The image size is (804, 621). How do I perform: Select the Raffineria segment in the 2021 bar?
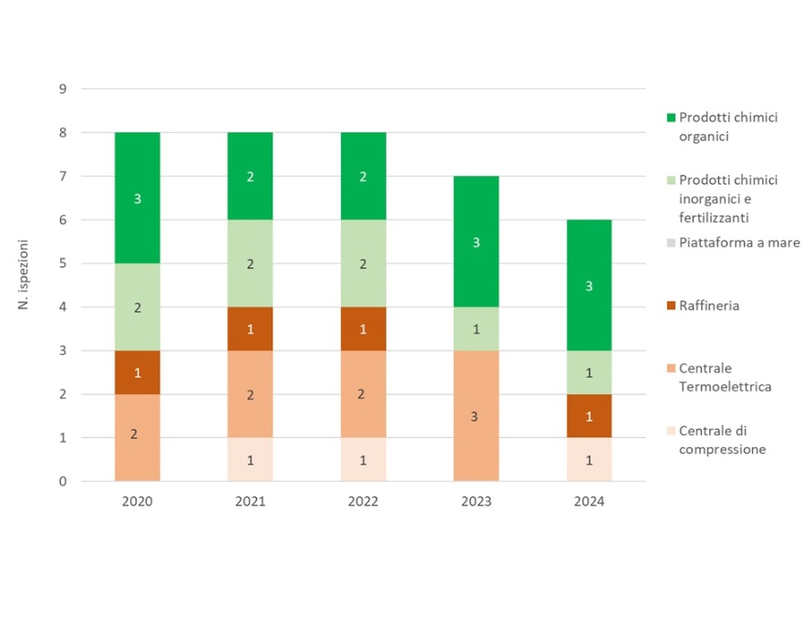250,329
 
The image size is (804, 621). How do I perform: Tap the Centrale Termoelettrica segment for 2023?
476,415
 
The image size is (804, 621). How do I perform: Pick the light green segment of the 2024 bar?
589,372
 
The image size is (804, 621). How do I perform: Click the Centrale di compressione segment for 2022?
363,459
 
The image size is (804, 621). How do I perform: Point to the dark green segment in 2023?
476,241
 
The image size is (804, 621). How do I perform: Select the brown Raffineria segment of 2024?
589,416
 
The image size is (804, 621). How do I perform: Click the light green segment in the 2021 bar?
250,263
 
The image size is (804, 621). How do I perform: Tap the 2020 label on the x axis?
138,502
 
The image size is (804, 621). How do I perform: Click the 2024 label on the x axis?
589,502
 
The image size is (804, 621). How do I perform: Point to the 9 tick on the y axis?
62,89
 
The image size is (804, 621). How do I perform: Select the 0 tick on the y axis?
62,482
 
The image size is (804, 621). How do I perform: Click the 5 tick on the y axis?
62,264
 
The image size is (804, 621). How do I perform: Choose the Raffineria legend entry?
708,306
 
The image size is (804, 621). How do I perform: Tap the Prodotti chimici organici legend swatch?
671,117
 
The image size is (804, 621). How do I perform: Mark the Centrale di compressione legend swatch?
671,432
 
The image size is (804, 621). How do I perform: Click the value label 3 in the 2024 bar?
589,286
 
